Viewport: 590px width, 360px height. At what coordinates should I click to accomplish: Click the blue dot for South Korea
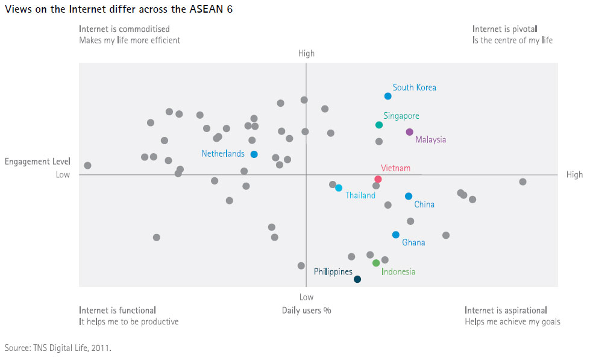tap(388, 96)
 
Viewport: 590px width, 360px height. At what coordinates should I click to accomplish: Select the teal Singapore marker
tap(379, 125)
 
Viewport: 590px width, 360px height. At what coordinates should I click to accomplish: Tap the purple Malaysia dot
tap(409, 132)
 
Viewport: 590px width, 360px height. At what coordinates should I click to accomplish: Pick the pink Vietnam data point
tap(378, 179)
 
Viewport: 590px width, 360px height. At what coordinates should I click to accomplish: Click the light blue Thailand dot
tap(339, 188)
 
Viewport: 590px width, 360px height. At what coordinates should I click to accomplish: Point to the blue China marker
tap(409, 196)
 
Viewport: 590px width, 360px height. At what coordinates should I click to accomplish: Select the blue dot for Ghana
tap(395, 235)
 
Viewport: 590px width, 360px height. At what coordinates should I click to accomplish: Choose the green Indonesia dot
tap(376, 263)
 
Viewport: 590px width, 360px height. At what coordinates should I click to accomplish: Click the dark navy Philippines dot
tap(357, 279)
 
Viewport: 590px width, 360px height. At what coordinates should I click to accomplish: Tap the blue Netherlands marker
tap(254, 154)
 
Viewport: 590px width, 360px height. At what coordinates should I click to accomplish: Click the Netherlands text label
tap(223, 154)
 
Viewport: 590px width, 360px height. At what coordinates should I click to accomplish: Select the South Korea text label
tap(414, 87)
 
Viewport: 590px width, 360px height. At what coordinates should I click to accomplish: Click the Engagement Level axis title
tap(37, 162)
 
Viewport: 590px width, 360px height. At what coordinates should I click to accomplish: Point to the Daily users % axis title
tap(306, 311)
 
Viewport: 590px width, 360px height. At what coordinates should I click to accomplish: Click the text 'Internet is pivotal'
tap(504, 29)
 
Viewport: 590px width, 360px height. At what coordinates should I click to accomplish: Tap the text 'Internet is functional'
tap(118, 311)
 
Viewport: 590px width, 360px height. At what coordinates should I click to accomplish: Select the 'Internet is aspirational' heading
tap(506, 311)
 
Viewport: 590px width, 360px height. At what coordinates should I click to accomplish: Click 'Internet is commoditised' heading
tap(124, 29)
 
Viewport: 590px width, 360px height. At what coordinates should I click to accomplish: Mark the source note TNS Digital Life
tap(58, 348)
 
